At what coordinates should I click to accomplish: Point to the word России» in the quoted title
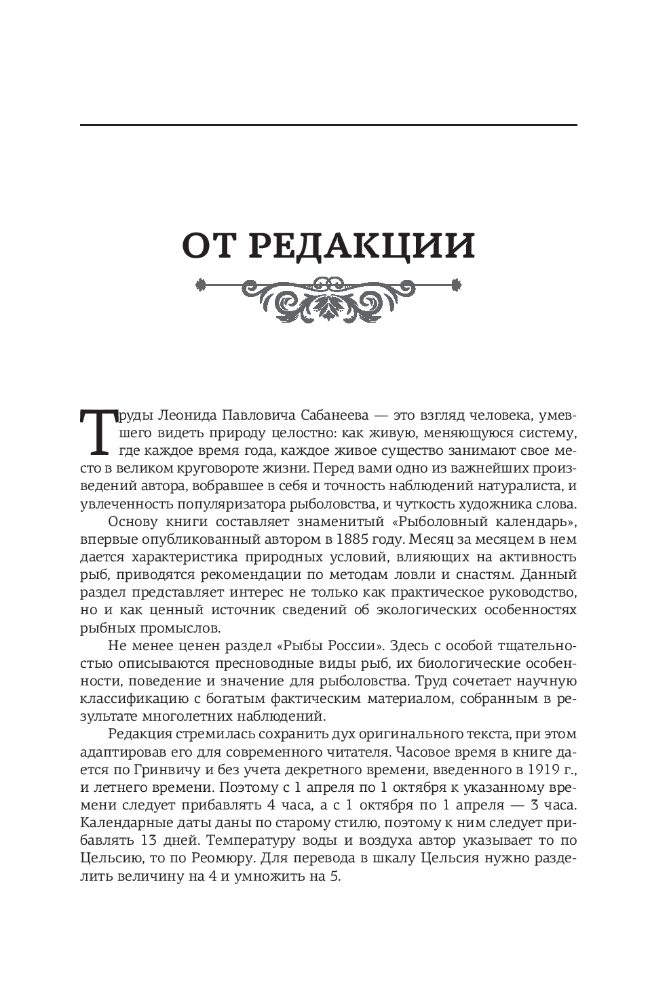pos(360,645)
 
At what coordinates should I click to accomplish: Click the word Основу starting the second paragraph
pos(132,522)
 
